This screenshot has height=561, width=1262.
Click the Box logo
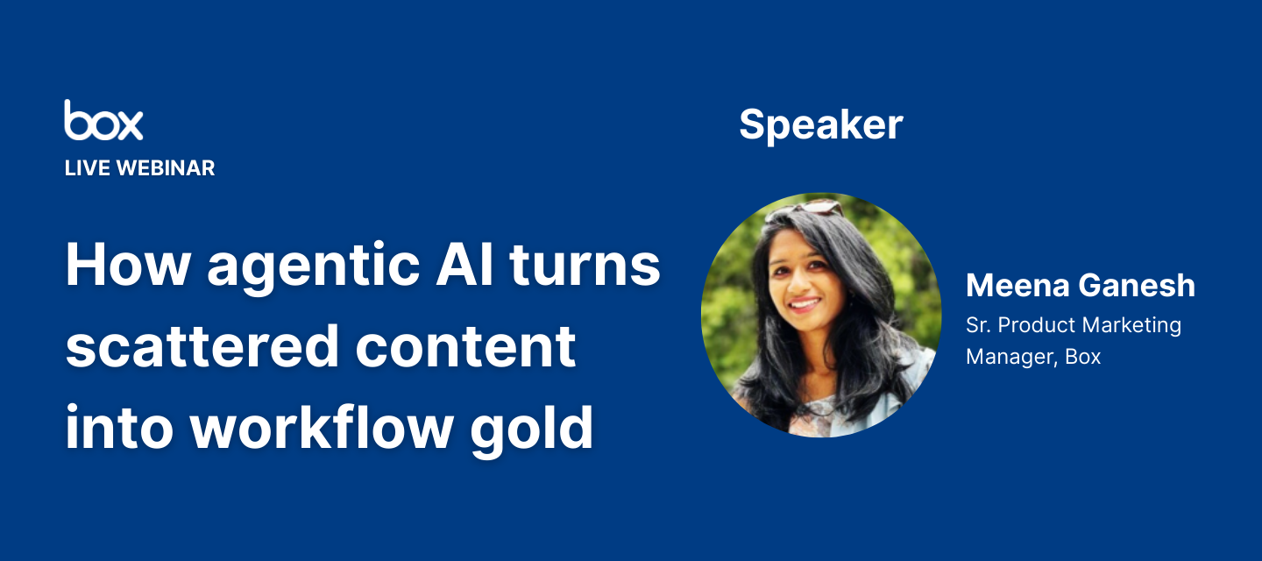click(103, 120)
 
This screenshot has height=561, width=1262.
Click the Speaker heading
click(821, 125)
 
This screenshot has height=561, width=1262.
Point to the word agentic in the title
click(314, 266)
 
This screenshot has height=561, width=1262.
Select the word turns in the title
click(585, 265)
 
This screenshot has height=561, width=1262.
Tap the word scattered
click(202, 346)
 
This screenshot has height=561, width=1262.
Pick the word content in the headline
click(465, 346)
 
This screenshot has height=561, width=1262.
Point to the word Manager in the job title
click(1003, 357)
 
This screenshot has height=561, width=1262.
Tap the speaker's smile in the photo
click(805, 305)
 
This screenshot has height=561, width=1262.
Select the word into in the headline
click(119, 427)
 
